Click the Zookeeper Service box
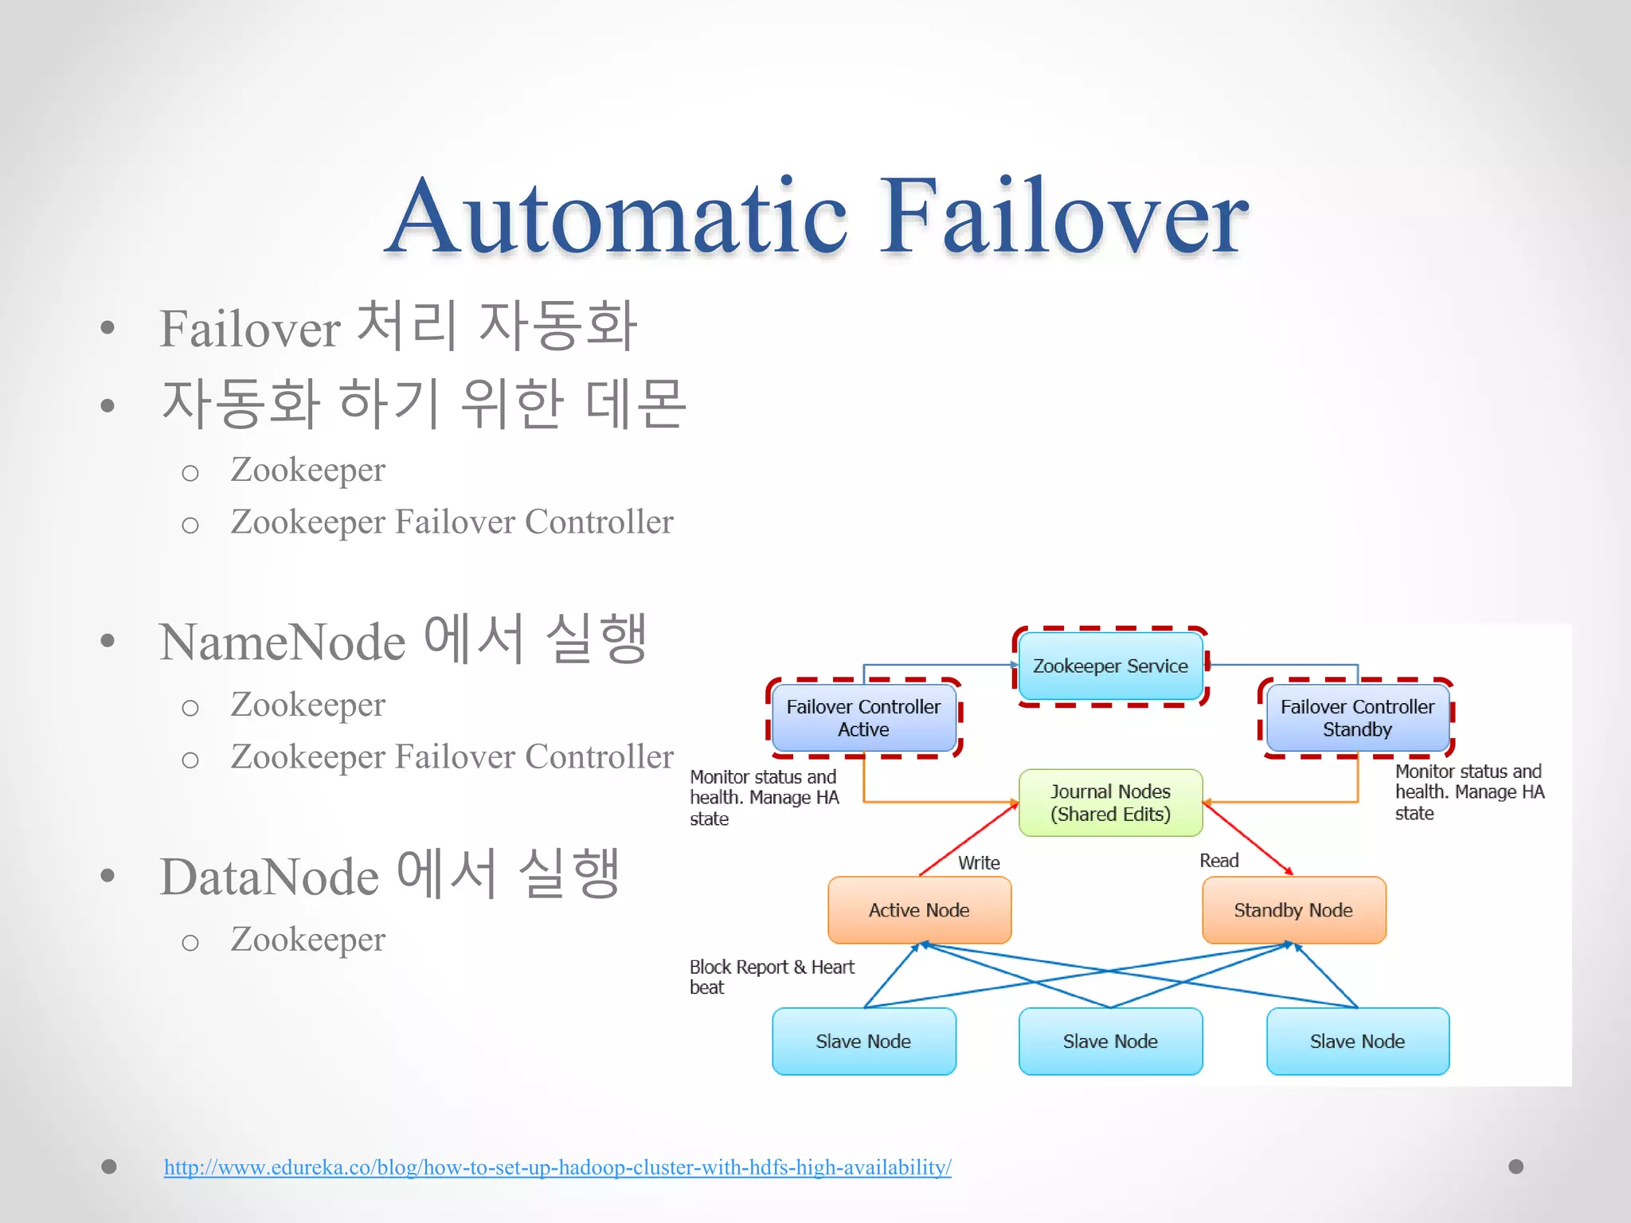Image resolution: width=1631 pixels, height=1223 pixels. pos(1110,666)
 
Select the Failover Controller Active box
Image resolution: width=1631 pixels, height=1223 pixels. pos(863,717)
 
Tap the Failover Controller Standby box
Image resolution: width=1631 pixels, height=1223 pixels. pos(1357,717)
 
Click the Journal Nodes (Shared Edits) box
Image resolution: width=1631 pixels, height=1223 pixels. pos(1110,803)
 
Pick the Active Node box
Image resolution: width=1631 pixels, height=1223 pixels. pos(919,910)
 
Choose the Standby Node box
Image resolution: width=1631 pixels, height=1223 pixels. pos(1293,910)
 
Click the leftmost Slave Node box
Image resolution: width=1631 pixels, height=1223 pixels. pos(863,1041)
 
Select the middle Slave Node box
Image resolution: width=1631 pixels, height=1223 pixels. pos(1110,1041)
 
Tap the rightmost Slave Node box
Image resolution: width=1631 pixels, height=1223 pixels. pos(1357,1041)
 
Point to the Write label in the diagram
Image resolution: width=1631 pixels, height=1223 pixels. pos(979,863)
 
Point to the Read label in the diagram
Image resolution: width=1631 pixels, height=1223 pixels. pos(1218,861)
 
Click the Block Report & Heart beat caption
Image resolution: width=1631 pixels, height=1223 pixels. pos(771,977)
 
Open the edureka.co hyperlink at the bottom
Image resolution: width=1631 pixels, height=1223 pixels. pos(557,1167)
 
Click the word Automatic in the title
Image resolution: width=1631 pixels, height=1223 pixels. pos(618,217)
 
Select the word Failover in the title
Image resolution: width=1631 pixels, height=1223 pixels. pos(1064,217)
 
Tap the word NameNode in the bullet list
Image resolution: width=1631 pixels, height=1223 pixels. pos(283,642)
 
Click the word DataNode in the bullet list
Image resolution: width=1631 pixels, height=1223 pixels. pos(269,877)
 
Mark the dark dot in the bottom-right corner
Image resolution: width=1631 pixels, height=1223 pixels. pos(1516,1166)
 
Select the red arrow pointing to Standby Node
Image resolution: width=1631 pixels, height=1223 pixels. pos(1247,839)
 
